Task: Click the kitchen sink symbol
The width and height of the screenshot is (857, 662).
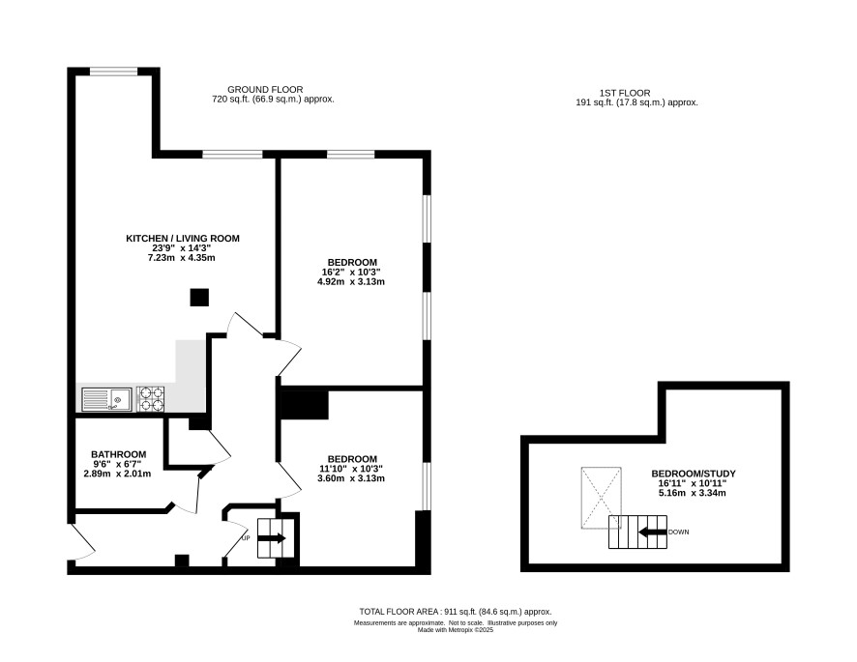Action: pyautogui.click(x=106, y=399)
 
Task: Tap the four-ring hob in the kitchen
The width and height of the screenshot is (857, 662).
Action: pyautogui.click(x=151, y=399)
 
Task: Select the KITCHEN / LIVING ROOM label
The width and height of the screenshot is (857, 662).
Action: pyautogui.click(x=183, y=238)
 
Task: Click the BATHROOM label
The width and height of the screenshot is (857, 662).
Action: pyautogui.click(x=119, y=454)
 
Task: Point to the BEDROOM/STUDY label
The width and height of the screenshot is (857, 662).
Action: pyautogui.click(x=693, y=474)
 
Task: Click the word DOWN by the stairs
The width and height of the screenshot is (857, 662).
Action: pyautogui.click(x=679, y=532)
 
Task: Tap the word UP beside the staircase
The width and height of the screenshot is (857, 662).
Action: pyautogui.click(x=246, y=538)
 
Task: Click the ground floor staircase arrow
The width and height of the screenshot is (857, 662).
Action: pyautogui.click(x=272, y=538)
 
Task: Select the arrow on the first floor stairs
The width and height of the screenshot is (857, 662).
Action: pyautogui.click(x=653, y=532)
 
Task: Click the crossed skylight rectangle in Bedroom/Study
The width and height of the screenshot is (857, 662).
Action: pyautogui.click(x=602, y=498)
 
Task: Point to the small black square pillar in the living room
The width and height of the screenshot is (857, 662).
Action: pyautogui.click(x=199, y=297)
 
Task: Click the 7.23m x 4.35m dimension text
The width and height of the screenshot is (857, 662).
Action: pyautogui.click(x=182, y=258)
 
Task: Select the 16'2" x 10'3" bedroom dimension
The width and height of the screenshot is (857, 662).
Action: pyautogui.click(x=351, y=272)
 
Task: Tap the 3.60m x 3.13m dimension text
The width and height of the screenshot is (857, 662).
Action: pyautogui.click(x=351, y=478)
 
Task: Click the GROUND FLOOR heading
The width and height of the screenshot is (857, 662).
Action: pyautogui.click(x=265, y=90)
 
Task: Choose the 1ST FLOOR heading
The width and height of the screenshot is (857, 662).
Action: pyautogui.click(x=625, y=94)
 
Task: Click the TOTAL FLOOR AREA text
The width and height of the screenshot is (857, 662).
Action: pyautogui.click(x=456, y=612)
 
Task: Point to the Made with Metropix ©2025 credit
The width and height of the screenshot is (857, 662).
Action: pyautogui.click(x=456, y=630)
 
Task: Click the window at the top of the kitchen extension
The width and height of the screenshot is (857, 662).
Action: pyautogui.click(x=114, y=71)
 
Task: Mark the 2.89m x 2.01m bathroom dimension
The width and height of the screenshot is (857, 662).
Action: pyautogui.click(x=117, y=475)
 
